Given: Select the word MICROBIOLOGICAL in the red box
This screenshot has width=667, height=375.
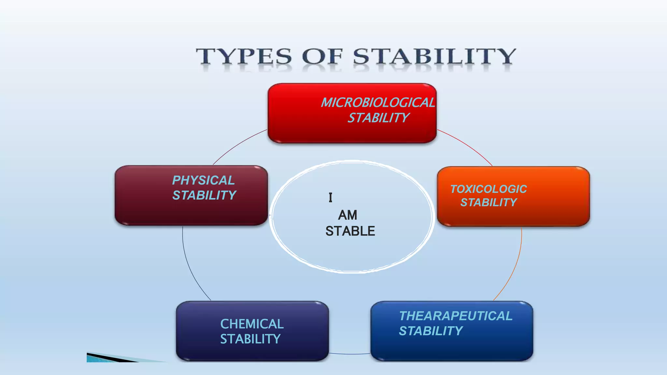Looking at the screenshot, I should point(378,103).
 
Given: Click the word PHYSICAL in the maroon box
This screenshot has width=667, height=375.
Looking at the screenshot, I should point(203,180).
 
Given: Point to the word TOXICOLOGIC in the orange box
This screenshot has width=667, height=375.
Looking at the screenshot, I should point(488,189).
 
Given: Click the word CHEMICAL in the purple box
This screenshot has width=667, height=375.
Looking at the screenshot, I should point(252,324).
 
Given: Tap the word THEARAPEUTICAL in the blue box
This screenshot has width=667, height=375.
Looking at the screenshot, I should point(456,316).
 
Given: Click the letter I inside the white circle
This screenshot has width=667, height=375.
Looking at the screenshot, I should point(331,198).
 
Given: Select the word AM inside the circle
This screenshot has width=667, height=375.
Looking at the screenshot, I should point(348,215).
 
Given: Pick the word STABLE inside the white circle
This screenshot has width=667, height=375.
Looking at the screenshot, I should point(350,231).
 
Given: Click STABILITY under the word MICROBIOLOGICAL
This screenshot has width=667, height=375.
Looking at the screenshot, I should point(378,118).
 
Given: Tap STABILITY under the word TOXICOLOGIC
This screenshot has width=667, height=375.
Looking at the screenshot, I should point(488,202).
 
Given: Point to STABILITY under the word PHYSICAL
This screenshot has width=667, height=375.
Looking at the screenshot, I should point(204,195).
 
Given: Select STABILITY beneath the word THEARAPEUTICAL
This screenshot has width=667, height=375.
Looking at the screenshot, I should point(431,331).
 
